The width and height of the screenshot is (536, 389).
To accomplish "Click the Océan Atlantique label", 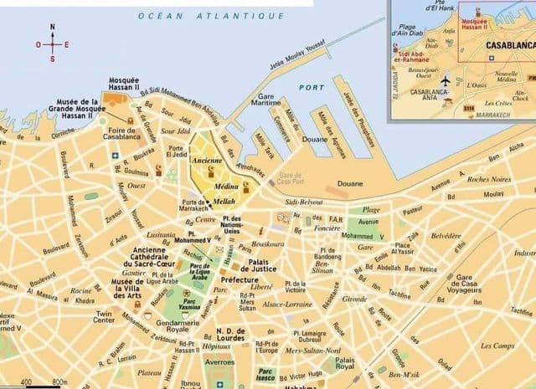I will coord(211,16).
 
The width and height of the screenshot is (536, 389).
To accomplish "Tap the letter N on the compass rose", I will coord(53,27).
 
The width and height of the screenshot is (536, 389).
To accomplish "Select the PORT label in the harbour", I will coord(311,87).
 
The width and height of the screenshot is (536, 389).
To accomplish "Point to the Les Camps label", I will coord(497,345).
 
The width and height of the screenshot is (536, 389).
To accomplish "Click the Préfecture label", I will coord(239,281).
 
